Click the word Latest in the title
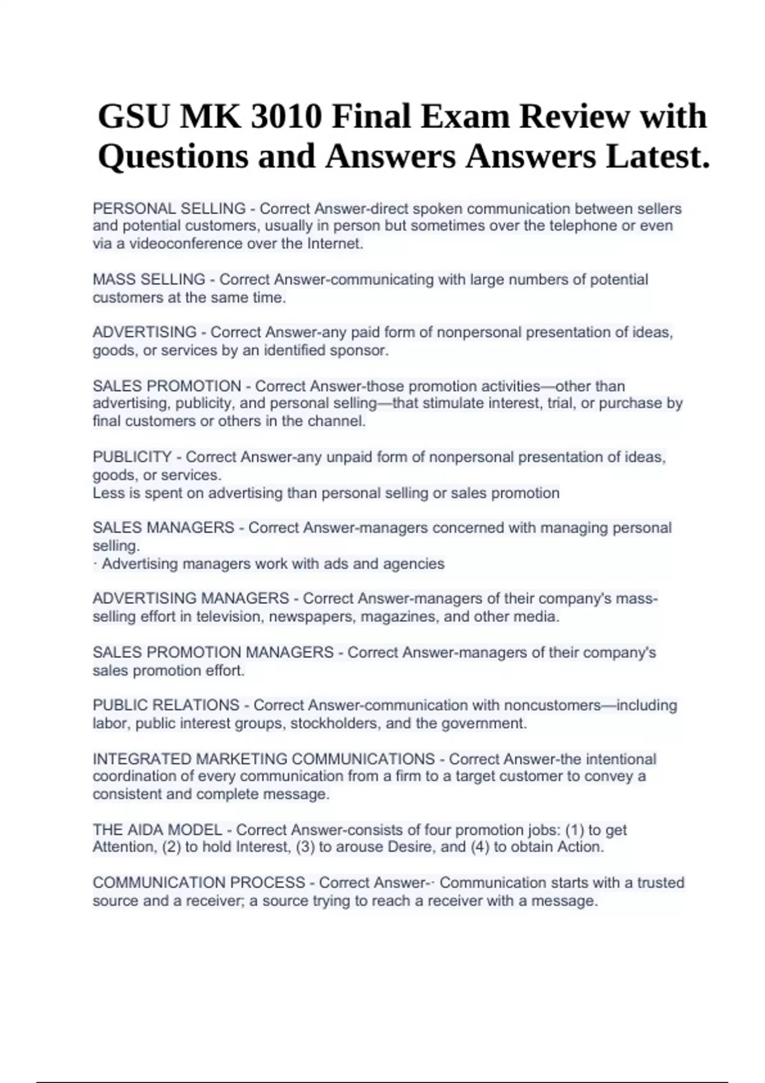(x=657, y=157)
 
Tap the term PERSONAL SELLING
(x=169, y=208)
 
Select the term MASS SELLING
(x=149, y=280)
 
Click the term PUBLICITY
(x=132, y=457)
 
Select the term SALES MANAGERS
(x=163, y=528)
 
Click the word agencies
(x=413, y=564)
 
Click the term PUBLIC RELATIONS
(x=166, y=705)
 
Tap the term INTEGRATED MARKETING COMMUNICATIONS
(x=263, y=759)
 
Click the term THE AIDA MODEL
(x=157, y=830)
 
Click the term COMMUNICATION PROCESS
(x=199, y=883)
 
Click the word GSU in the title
(x=134, y=117)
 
